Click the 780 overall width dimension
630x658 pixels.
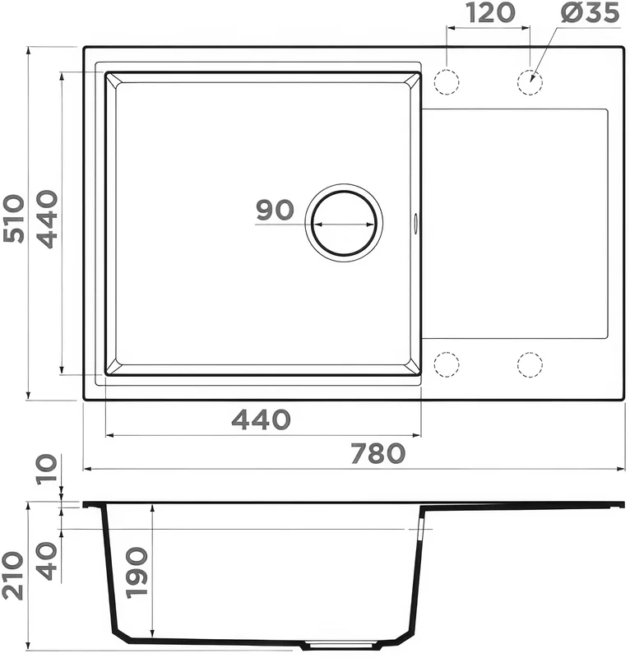click(378, 453)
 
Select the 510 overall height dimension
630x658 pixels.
click(13, 218)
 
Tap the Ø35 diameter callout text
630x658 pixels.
click(590, 12)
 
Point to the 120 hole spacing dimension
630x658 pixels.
click(490, 12)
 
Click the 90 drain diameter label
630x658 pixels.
click(275, 210)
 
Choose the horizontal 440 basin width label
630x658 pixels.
click(261, 419)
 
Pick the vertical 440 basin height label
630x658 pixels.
click(46, 219)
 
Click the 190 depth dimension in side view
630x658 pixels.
click(137, 572)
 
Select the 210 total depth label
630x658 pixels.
click(12, 576)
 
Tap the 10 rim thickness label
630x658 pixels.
click(46, 469)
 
